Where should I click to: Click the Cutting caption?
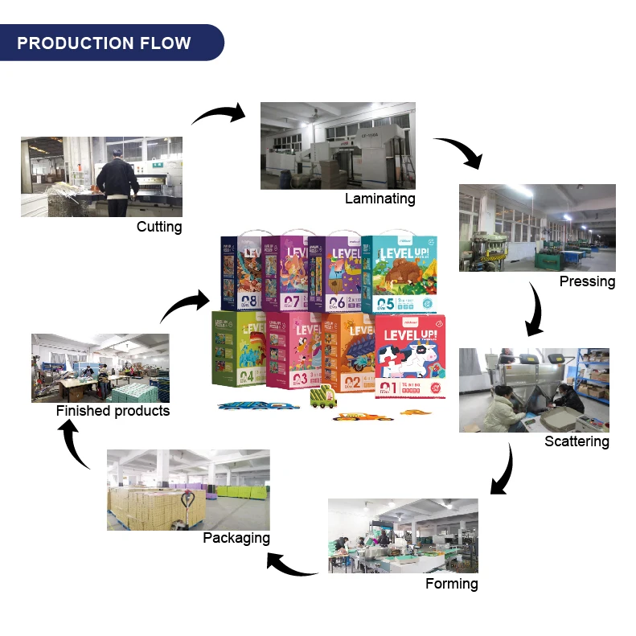tap(159, 227)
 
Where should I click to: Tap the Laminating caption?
tap(380, 199)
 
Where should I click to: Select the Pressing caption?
tap(587, 281)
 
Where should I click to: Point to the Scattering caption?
tap(577, 441)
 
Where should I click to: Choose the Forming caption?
tap(451, 584)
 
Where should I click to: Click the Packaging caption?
tap(236, 538)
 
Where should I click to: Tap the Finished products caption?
tap(113, 411)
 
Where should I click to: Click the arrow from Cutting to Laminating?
tap(219, 114)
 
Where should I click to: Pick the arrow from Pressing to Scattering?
tap(534, 310)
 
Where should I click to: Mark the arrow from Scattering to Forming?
tap(503, 470)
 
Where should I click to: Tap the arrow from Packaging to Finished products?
tap(76, 445)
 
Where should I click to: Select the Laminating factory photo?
tap(338, 146)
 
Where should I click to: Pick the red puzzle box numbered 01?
tap(408, 354)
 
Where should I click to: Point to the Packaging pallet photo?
tap(188, 490)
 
